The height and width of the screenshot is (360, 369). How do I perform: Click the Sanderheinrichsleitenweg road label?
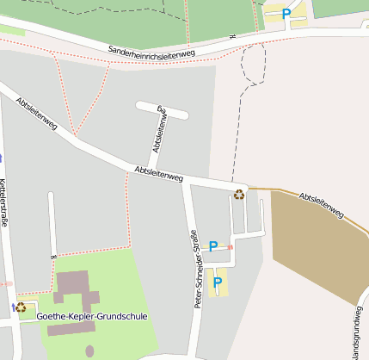[x=151, y=53]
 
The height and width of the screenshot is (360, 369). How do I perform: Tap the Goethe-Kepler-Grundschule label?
[x=92, y=316]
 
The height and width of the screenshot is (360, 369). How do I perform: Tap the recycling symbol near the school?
[x=21, y=307]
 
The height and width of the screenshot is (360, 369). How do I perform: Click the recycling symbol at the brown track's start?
[x=239, y=194]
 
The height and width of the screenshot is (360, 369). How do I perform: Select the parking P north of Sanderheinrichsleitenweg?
[x=286, y=14]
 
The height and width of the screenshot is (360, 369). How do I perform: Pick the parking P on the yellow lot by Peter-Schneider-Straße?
[x=218, y=281]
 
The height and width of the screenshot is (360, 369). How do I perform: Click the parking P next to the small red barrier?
[x=213, y=247]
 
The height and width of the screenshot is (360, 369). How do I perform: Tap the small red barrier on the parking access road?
[x=230, y=248]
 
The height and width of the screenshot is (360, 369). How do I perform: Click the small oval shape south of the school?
[x=89, y=351]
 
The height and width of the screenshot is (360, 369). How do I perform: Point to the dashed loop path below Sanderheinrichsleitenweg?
[x=254, y=64]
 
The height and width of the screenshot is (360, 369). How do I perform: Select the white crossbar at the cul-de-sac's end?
[x=162, y=109]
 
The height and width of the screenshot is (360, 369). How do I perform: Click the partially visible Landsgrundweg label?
[x=356, y=331]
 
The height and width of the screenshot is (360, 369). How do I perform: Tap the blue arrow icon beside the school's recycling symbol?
[x=14, y=307]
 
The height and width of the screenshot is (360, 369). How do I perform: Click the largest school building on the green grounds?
[x=74, y=283]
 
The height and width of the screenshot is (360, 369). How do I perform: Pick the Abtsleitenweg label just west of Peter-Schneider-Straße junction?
[x=159, y=174]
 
